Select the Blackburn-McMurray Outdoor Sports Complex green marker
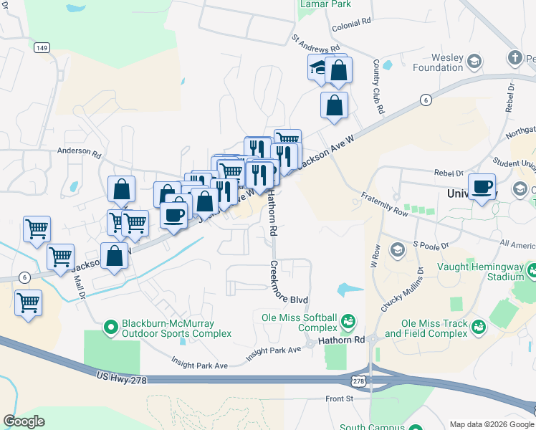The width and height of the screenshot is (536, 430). [111, 328]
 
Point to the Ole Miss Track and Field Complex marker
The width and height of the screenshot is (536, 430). [478, 326]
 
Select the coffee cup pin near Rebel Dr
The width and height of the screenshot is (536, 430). [482, 186]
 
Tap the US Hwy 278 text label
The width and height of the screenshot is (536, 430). [121, 378]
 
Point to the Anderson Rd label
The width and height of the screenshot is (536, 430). [80, 151]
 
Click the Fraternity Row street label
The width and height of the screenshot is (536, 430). [385, 204]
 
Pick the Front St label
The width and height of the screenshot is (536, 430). [340, 398]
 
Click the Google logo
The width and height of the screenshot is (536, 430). [24, 421]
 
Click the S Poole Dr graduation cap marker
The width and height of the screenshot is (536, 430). [396, 249]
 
